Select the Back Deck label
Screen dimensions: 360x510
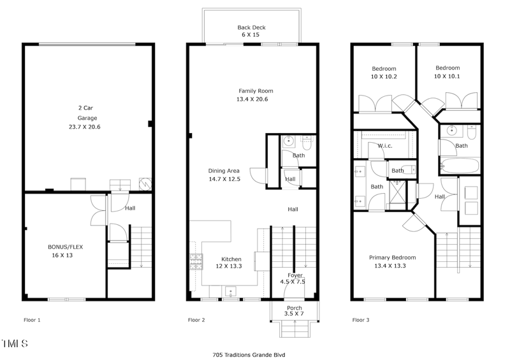252,27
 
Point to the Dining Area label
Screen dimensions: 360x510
224,170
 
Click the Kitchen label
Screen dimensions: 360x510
231,259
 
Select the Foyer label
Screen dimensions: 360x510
294,275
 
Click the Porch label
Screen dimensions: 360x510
294,308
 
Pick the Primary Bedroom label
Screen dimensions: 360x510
392,257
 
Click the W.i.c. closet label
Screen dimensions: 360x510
384,146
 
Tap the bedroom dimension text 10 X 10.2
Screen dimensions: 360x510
384,76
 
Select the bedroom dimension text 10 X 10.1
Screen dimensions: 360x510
447,76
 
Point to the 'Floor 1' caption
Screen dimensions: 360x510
32,320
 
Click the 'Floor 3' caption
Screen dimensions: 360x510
361,320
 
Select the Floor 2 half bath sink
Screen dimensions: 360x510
288,141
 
